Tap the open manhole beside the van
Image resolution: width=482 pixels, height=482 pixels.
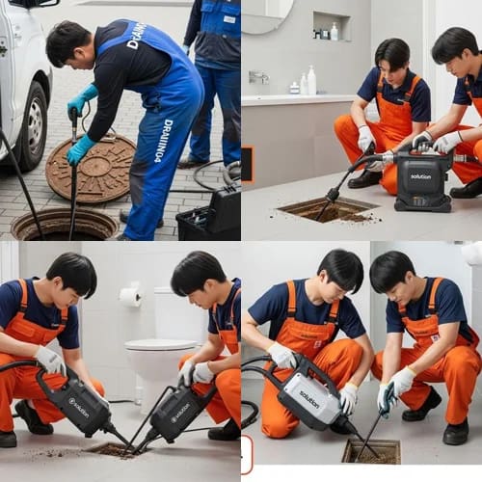[x=64, y=225]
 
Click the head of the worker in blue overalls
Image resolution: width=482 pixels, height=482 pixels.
[x=68, y=43]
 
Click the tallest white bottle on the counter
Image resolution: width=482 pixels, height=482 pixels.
[x=311, y=80]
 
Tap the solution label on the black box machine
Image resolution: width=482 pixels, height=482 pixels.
[x=421, y=176]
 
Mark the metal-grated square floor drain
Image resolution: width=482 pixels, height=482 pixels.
[x=370, y=450]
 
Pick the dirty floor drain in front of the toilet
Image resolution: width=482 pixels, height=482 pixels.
[x=113, y=449]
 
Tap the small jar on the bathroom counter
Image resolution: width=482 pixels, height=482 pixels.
[x=294, y=88]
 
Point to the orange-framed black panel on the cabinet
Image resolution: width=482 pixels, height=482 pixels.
[x=247, y=164]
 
